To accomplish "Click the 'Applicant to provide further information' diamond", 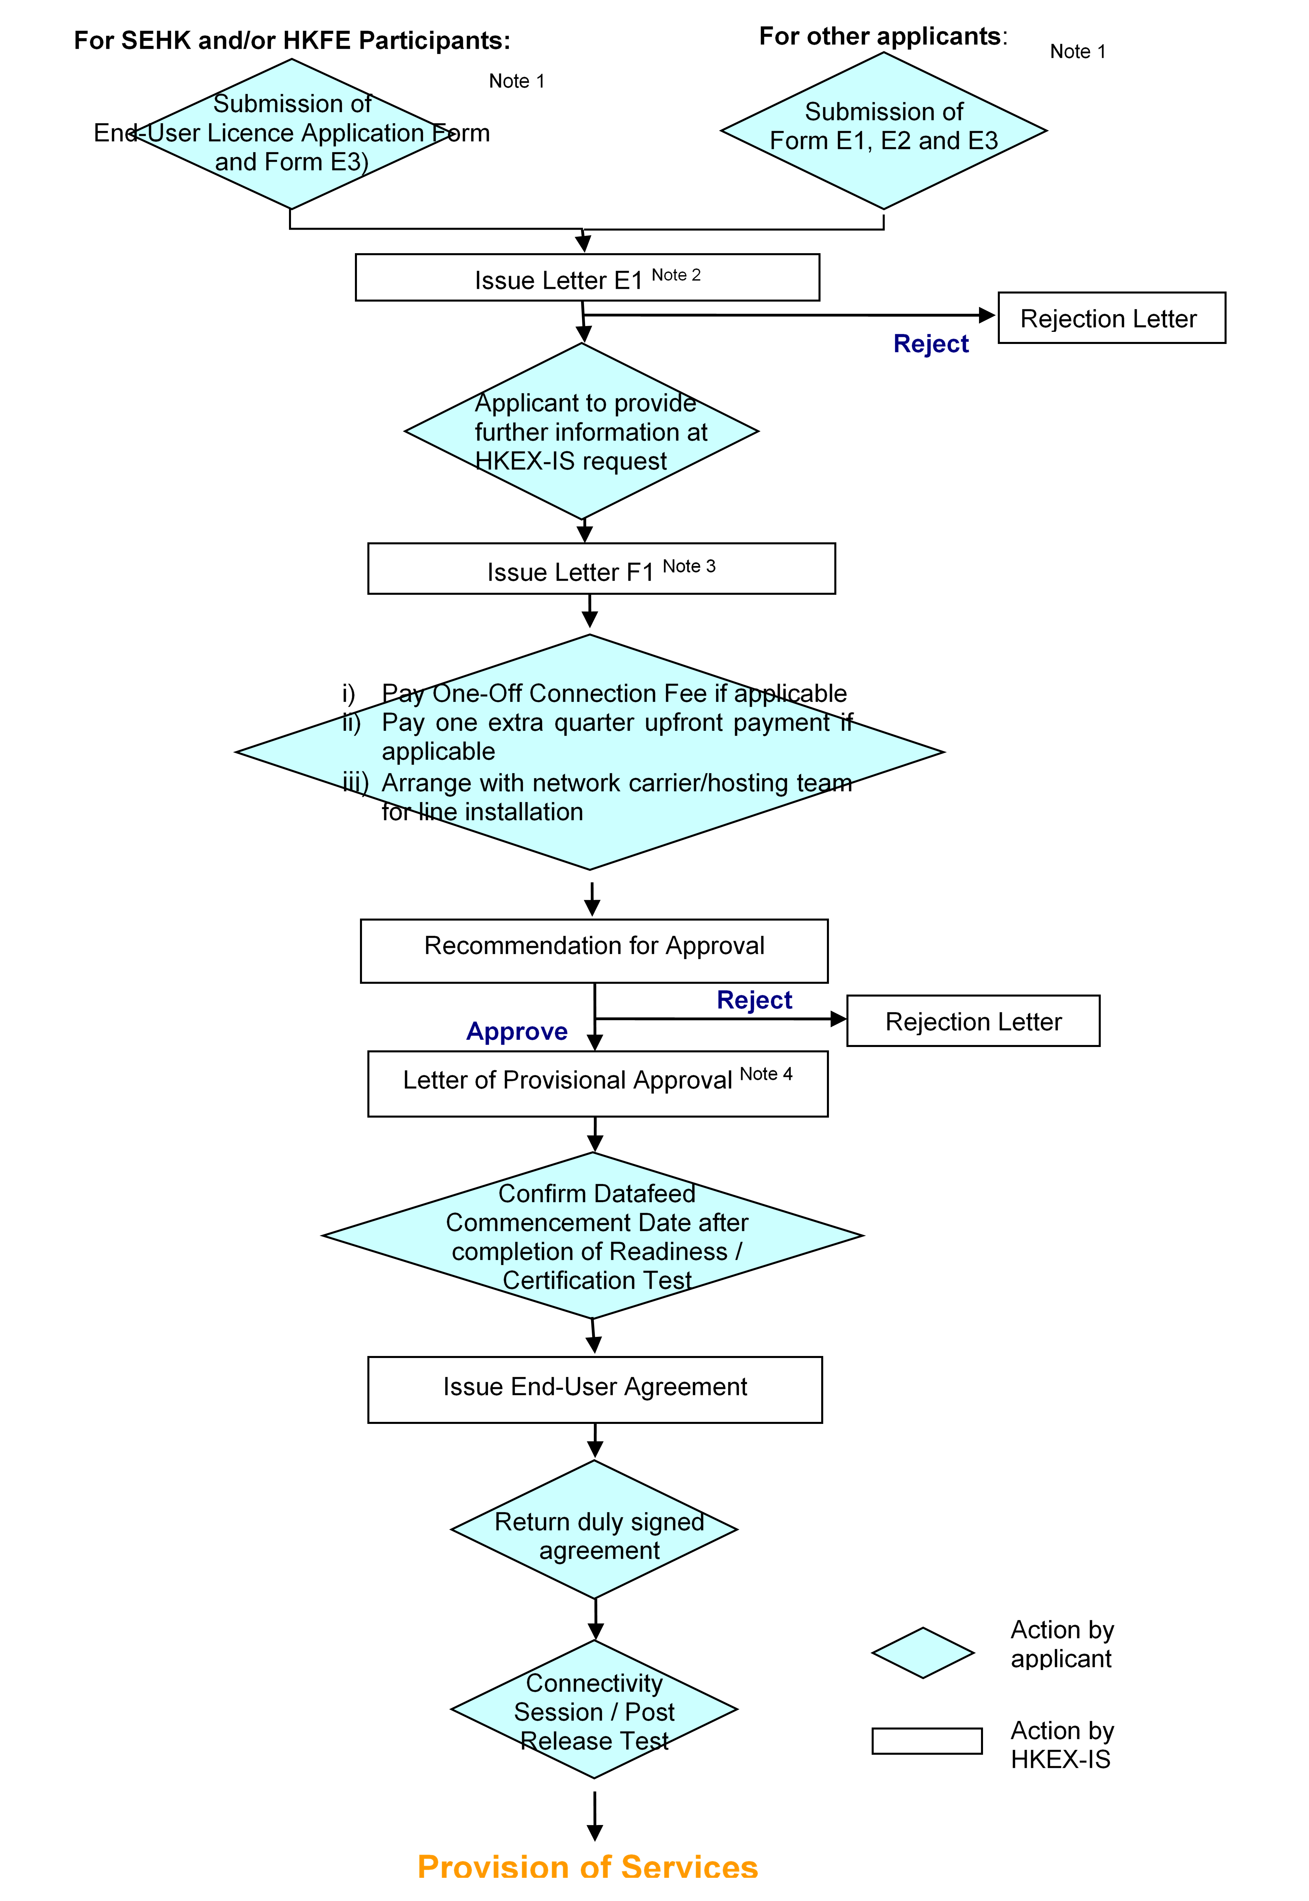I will click(582, 431).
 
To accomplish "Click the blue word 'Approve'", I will click(517, 1031).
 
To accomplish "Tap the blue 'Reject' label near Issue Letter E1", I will click(931, 344).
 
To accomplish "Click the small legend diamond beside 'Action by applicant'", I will click(923, 1653).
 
